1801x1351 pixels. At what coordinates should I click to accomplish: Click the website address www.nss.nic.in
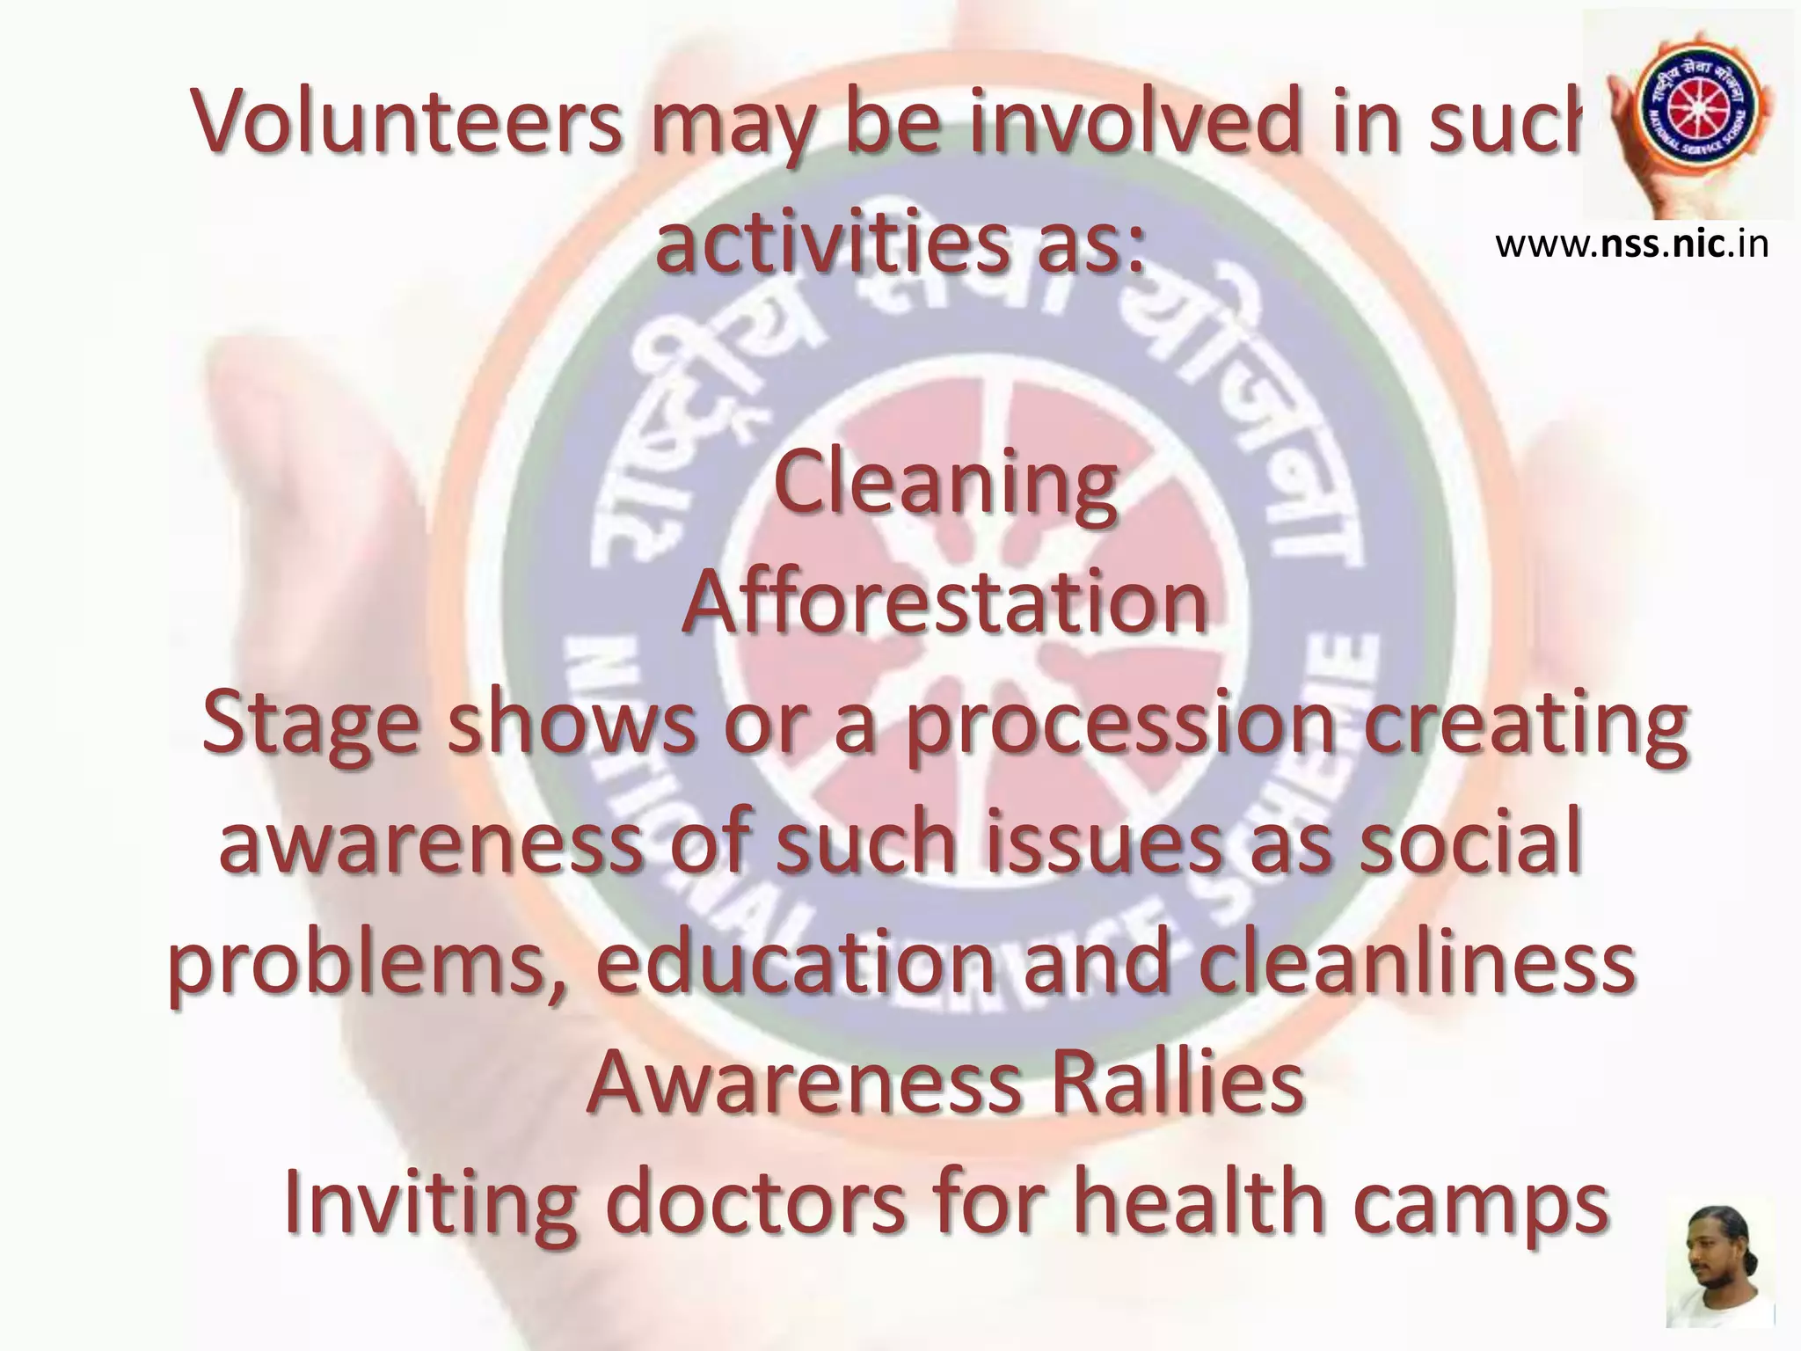tap(1631, 245)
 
